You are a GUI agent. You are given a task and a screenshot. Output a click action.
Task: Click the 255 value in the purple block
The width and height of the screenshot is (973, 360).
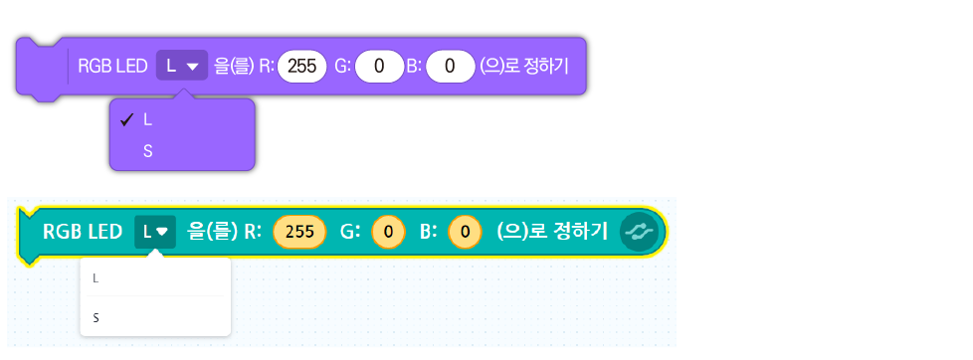(302, 67)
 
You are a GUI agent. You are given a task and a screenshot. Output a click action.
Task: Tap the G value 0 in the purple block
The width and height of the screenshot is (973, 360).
(379, 67)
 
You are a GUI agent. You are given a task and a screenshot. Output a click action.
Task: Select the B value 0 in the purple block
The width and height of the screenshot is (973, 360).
(451, 67)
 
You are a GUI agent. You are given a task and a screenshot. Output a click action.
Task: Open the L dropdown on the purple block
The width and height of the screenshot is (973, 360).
(182, 66)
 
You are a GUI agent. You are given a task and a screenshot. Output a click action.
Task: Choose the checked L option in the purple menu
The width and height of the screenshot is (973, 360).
(147, 121)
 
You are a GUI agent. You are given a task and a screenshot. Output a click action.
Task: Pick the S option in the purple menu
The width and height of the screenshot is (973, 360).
(147, 151)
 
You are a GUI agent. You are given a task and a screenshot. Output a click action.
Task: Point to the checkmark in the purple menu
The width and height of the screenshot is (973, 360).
(127, 120)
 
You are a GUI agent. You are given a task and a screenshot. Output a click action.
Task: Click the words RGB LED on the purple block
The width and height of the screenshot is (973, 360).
(112, 67)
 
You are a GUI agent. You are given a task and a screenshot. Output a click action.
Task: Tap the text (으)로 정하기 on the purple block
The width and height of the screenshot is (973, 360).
(523, 67)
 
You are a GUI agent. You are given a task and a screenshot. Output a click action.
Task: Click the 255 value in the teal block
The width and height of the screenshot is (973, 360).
(299, 232)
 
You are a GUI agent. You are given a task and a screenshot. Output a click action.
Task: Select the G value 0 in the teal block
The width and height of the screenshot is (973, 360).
(388, 232)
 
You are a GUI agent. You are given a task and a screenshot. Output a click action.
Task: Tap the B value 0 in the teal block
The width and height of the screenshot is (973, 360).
(466, 232)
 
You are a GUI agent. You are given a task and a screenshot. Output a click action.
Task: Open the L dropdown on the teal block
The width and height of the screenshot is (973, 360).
(155, 232)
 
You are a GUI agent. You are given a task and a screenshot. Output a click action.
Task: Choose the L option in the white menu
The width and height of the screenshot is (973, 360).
(96, 278)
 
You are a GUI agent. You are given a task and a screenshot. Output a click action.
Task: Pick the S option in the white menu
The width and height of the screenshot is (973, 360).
(96, 318)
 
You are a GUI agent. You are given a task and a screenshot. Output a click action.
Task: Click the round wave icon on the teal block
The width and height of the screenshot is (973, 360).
(639, 232)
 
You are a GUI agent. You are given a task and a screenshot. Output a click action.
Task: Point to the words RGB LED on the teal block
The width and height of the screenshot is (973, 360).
(83, 232)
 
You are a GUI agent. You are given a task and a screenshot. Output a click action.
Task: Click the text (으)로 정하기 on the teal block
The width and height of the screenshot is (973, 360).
(552, 232)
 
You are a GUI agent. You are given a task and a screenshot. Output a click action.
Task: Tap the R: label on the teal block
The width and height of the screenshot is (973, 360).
(253, 232)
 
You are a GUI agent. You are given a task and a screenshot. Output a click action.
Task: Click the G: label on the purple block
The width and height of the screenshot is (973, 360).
(343, 67)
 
